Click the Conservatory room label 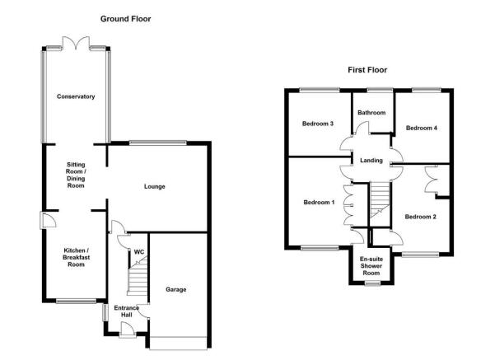[76, 96]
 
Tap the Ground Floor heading [126, 19]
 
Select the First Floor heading [367, 70]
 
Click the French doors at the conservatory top [76, 44]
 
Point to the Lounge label [155, 187]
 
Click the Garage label [175, 289]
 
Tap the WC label [139, 252]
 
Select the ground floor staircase [138, 276]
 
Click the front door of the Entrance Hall [128, 330]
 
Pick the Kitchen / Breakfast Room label [76, 257]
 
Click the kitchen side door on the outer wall [47, 220]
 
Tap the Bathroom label [371, 112]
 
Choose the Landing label [371, 161]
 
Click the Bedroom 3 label [318, 124]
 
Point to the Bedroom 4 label [422, 128]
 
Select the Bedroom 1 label [319, 202]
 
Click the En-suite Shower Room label [371, 266]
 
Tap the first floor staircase [380, 200]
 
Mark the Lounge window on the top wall [158, 143]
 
